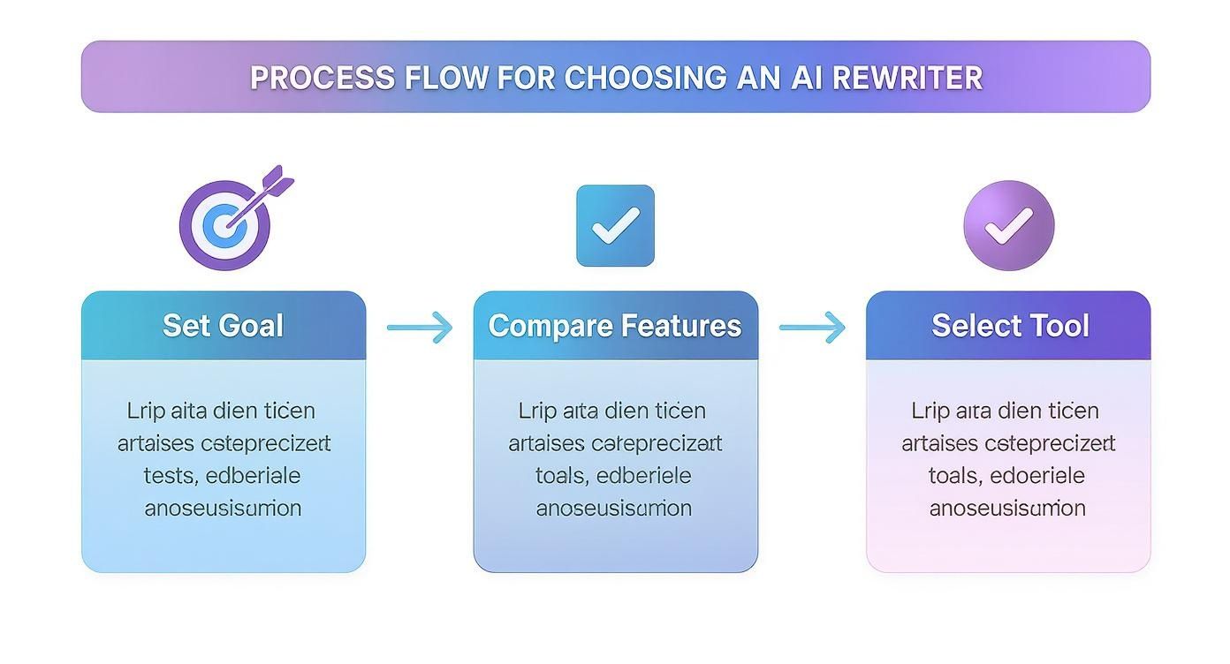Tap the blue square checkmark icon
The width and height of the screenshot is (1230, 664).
tap(615, 226)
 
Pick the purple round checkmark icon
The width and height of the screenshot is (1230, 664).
tap(1008, 226)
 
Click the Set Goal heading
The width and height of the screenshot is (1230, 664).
tap(224, 326)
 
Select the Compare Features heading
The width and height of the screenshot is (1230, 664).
tap(615, 326)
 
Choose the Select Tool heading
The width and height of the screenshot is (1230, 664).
tap(1010, 326)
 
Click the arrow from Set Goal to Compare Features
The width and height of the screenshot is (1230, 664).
tap(420, 328)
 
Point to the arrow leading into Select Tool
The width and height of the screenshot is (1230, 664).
tap(812, 328)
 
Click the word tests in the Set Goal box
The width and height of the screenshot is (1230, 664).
tap(169, 476)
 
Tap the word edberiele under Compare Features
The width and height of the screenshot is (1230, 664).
tap(644, 476)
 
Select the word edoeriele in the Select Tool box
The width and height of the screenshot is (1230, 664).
tap(1037, 476)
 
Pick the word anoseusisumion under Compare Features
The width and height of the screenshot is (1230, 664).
tap(614, 509)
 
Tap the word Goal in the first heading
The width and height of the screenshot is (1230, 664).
tap(252, 326)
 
